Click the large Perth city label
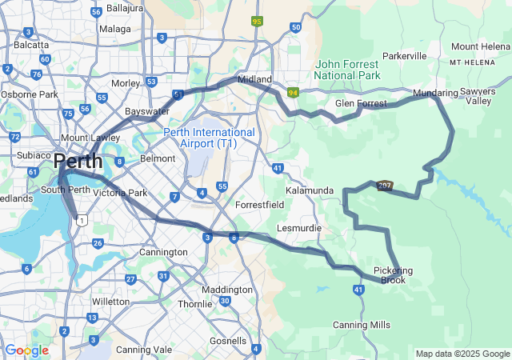(78, 162)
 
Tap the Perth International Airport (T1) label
(210, 138)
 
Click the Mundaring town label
(435, 94)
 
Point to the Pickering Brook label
(393, 275)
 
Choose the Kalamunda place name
(310, 190)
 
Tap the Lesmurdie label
(298, 228)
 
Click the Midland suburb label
(256, 79)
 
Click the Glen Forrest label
(361, 103)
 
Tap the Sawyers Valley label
(479, 97)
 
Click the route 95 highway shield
(257, 21)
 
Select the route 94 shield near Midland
(294, 93)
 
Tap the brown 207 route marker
(386, 185)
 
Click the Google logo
(26, 350)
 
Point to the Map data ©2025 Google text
(462, 354)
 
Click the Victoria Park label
(120, 193)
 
